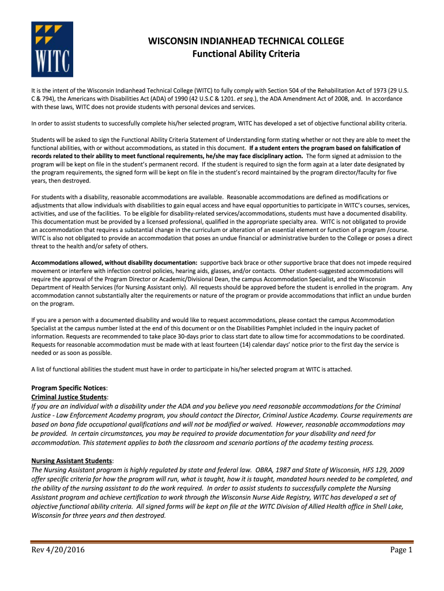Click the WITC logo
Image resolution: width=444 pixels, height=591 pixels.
coord(52,49)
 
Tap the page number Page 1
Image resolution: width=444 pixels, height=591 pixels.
coord(401,549)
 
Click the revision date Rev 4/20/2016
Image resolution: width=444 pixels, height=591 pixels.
coord(58,549)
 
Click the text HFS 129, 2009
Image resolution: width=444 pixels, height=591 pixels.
coord(366,470)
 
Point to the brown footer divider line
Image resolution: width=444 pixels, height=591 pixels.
coord(222,541)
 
